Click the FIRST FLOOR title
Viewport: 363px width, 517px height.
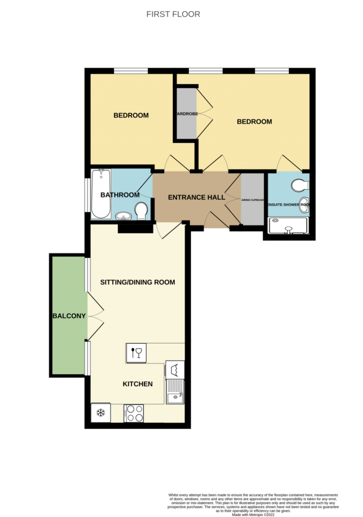(x=173, y=14)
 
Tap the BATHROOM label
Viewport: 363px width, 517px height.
(x=120, y=195)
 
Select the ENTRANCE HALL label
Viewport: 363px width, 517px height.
(x=197, y=197)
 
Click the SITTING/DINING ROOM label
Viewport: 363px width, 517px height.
(x=138, y=282)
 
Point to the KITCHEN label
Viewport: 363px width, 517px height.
(x=138, y=384)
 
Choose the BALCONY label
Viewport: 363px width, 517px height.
(x=69, y=316)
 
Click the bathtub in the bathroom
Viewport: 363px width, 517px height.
(x=101, y=193)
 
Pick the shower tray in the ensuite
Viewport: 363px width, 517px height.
(x=288, y=225)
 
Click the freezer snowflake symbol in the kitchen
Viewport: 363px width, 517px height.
(x=101, y=413)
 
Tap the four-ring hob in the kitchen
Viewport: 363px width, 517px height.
(x=134, y=413)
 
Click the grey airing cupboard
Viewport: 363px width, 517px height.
(x=252, y=199)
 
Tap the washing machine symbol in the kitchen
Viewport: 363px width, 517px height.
(x=175, y=369)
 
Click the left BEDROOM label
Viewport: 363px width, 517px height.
(x=131, y=115)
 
